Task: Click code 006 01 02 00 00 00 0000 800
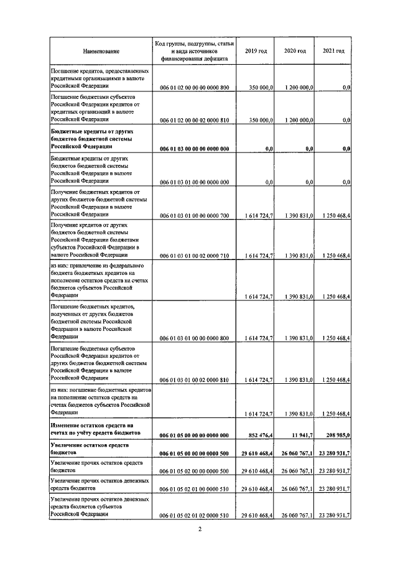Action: pos(195,88)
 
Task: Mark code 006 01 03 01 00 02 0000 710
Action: pos(195,256)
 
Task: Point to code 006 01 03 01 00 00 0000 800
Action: pos(195,338)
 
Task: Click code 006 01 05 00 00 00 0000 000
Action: pos(195,432)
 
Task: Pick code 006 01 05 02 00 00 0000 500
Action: pos(195,472)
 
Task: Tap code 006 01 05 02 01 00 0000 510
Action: pos(195,489)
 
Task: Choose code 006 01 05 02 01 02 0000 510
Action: pos(195,516)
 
